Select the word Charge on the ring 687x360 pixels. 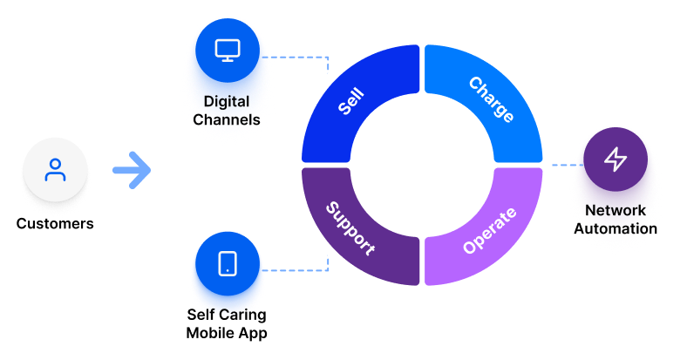(491, 100)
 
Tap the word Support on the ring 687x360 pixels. (350, 228)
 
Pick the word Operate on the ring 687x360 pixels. (490, 230)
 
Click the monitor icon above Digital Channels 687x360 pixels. (227, 50)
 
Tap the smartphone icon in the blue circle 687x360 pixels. (227, 263)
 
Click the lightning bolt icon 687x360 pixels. (616, 160)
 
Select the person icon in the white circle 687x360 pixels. (56, 169)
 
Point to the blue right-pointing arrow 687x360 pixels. (132, 170)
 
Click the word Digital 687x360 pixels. (227, 101)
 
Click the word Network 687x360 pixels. (616, 211)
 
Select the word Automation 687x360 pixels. (616, 228)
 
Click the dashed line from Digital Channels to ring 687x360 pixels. (301, 58)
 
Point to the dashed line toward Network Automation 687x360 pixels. (563, 163)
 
